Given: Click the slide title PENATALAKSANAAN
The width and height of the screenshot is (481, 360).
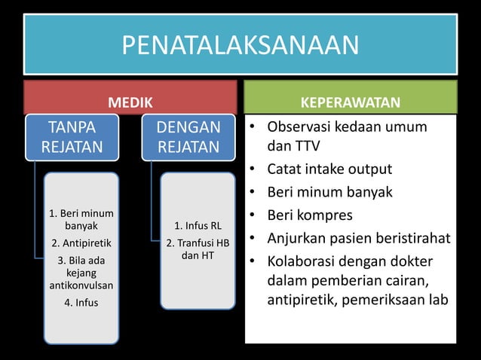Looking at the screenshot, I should click(240, 45).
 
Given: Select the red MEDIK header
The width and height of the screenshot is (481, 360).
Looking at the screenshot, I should click(130, 102).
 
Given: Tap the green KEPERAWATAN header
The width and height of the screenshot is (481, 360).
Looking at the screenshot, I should click(351, 102).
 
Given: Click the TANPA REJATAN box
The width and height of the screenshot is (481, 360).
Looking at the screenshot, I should click(72, 136).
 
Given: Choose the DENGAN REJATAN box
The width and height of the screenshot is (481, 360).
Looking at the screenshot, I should click(188, 136).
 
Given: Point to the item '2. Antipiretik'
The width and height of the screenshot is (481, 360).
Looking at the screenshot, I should click(80, 243).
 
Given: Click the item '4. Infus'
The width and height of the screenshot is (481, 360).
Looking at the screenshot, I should click(80, 303).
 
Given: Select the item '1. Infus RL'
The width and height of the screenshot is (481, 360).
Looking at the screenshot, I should click(198, 226).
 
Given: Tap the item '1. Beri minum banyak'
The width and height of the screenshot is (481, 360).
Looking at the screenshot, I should click(80, 218).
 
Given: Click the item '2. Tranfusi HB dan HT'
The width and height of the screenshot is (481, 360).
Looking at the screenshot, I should click(198, 249).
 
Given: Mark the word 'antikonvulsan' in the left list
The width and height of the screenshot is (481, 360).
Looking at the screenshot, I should click(80, 286).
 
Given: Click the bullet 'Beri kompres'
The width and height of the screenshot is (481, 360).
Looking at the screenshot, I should click(311, 215).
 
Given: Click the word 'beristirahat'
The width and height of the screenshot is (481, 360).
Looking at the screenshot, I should click(412, 239).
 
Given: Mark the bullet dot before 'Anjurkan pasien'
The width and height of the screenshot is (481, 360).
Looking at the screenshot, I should click(253, 239).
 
